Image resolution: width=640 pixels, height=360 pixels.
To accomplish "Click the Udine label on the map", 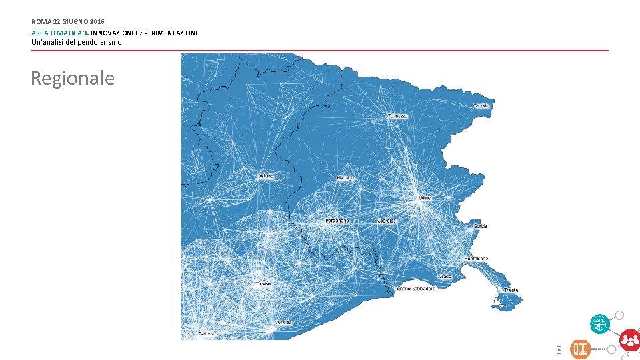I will pos(424,198).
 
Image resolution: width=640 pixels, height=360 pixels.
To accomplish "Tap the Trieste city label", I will pos(511,290).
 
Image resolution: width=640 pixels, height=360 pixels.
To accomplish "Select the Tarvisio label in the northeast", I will pos(481,106).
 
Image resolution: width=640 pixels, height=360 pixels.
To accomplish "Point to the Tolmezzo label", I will pos(397,116).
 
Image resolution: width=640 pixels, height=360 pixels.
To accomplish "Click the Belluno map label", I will pos(266,176).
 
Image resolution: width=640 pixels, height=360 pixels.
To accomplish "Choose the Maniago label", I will pos(345,178).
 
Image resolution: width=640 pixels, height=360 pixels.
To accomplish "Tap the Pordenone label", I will pos(337,221).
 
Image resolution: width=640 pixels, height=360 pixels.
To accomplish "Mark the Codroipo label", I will pos(387,221).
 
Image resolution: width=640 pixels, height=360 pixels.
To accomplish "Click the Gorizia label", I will pos(480,226).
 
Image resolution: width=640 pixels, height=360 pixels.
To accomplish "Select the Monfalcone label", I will pos(476,258).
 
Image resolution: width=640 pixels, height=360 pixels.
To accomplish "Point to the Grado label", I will pos(445,277).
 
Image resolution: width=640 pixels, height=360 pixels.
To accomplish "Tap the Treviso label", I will pos(263,284).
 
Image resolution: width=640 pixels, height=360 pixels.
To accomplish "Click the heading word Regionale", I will pos(73,78).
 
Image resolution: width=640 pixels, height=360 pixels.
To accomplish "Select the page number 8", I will pos(559,350).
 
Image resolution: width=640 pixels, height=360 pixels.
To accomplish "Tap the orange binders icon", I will pos(580,349).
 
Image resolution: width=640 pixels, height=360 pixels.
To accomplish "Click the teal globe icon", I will pos(599,324).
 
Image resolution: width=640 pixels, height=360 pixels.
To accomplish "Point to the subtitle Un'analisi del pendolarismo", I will pos(77,42).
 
